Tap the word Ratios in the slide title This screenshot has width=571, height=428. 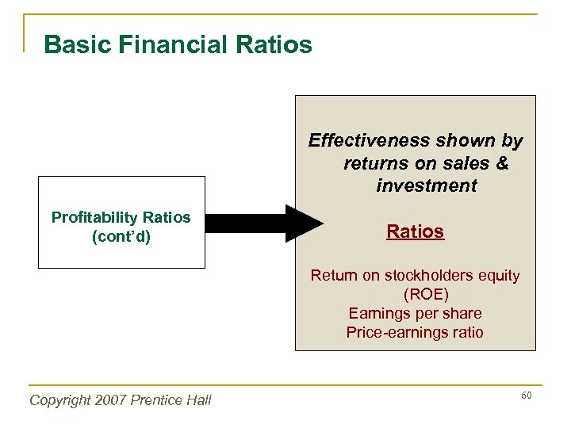(272, 44)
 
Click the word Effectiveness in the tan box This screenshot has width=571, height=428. (356, 141)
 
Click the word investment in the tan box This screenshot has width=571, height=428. (427, 186)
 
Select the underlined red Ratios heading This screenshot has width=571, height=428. (415, 231)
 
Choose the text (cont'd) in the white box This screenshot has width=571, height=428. (121, 237)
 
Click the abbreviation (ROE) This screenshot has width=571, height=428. (415, 295)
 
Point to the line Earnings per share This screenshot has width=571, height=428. (415, 313)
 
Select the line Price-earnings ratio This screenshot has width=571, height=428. (415, 332)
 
